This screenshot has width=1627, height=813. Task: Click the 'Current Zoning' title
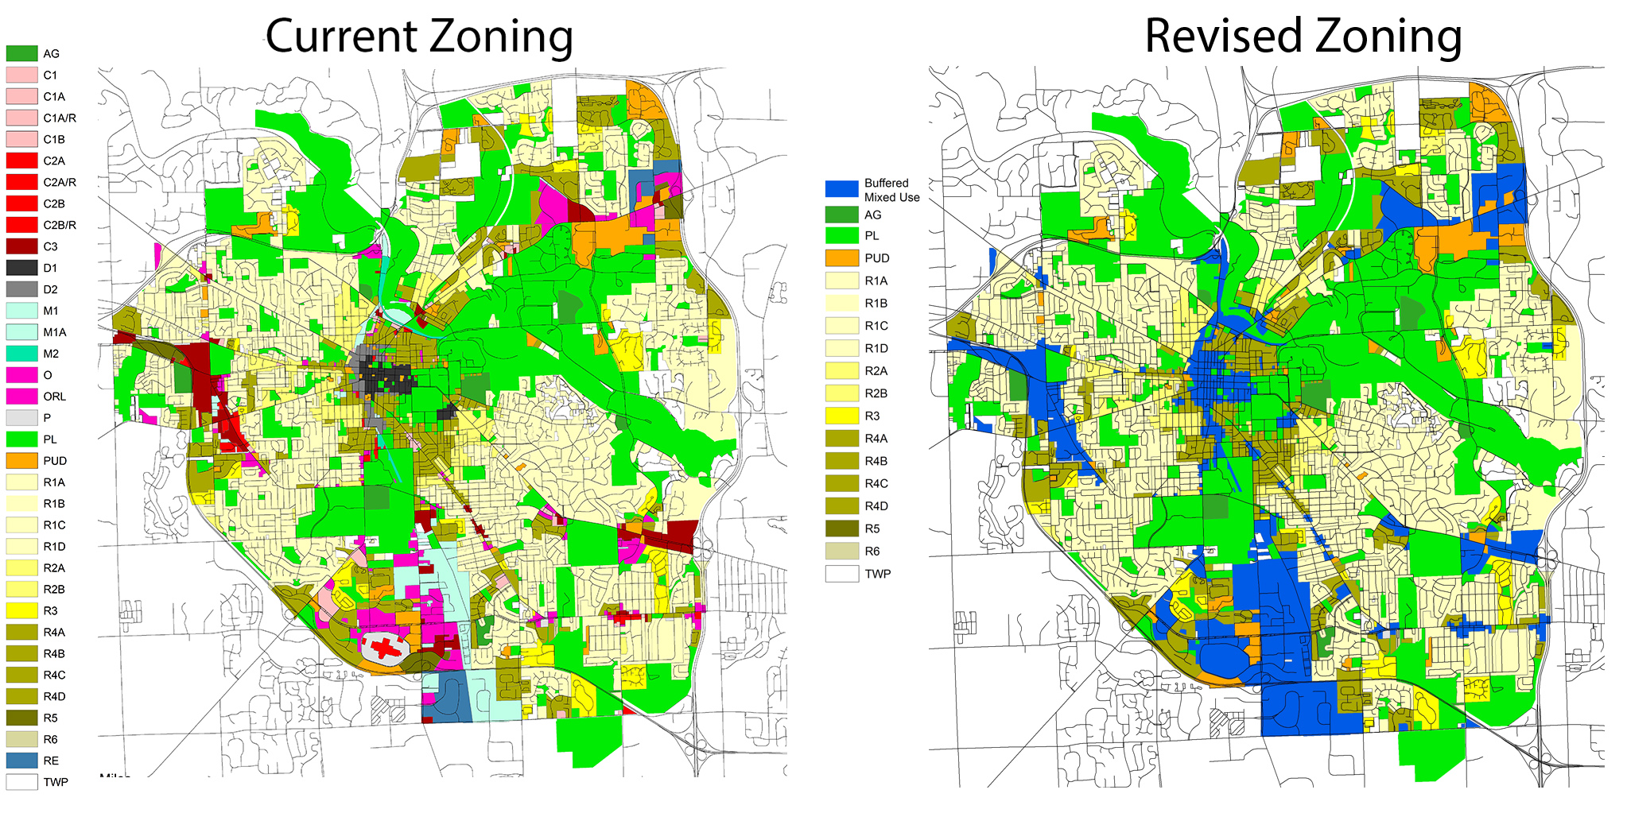click(419, 37)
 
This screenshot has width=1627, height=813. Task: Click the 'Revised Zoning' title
click(1303, 37)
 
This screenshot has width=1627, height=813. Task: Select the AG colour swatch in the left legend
click(21, 53)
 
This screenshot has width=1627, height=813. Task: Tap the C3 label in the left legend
click(50, 246)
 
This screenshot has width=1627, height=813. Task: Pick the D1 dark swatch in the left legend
click(21, 268)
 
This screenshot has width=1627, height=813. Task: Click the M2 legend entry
click(50, 354)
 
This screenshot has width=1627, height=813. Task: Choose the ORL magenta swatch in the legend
click(21, 396)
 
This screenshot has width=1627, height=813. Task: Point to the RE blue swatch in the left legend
click(21, 761)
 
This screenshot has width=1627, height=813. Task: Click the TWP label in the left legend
click(55, 782)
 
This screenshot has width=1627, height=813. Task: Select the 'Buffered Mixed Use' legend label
click(891, 190)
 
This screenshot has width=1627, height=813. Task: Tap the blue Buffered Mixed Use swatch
click(841, 188)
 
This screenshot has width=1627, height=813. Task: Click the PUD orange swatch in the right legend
click(841, 257)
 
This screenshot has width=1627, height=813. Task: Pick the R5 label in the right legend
click(872, 528)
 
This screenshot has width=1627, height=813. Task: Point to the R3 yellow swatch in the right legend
click(841, 416)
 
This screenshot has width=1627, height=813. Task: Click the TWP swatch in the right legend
click(841, 573)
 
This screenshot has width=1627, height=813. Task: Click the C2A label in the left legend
click(54, 161)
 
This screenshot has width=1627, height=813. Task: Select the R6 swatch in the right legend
click(841, 551)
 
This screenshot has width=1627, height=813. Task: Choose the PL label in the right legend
click(872, 235)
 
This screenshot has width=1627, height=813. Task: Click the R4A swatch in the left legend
click(21, 632)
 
